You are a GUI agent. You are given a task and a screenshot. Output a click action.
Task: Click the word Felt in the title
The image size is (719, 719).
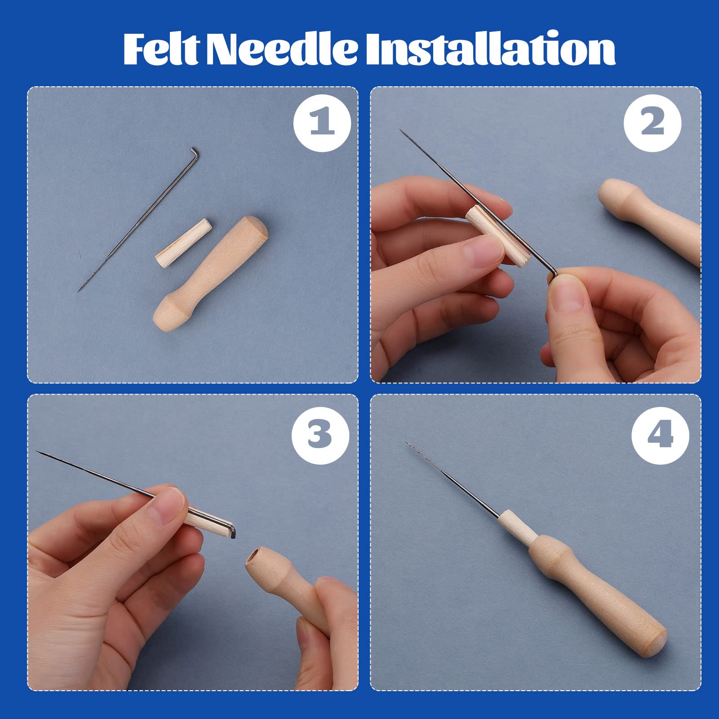[x=160, y=49]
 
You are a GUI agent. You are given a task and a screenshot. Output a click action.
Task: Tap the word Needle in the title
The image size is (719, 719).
[x=282, y=49]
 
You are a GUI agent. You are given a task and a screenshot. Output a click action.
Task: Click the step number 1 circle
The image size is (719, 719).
[x=322, y=123]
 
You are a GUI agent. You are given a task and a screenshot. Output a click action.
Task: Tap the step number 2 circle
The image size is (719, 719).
[x=652, y=123]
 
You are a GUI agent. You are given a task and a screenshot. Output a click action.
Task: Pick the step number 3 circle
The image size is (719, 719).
[x=320, y=435]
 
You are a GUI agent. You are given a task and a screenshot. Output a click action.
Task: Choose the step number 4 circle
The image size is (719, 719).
[x=660, y=435]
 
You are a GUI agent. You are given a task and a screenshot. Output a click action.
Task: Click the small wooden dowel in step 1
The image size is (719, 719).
[x=183, y=242]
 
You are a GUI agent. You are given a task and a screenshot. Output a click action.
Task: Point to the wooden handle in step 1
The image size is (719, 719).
[x=210, y=274]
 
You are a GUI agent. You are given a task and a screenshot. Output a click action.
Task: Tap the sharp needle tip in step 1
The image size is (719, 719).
[x=78, y=292]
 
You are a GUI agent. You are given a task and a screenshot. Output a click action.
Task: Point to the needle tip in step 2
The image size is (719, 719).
[x=401, y=131]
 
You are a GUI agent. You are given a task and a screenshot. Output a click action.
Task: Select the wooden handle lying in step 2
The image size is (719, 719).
[x=650, y=220]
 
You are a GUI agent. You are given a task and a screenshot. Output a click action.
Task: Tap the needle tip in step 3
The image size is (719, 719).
[x=37, y=452]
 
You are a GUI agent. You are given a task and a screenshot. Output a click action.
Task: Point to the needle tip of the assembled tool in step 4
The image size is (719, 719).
[x=406, y=442]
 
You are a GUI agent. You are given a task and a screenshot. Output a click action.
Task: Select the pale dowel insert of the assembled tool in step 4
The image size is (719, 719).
[x=518, y=526]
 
